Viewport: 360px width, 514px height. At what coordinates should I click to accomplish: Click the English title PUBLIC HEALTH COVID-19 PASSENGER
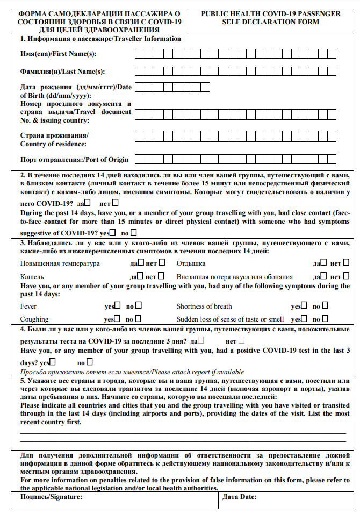(x=270, y=13)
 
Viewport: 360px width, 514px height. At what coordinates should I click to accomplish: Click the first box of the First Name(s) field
(x=139, y=53)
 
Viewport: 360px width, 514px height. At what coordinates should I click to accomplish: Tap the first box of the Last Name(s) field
(x=139, y=71)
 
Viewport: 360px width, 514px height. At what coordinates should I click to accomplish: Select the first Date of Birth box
(x=139, y=87)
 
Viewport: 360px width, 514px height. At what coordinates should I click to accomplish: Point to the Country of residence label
(x=54, y=144)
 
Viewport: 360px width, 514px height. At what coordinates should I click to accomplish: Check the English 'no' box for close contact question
(x=133, y=233)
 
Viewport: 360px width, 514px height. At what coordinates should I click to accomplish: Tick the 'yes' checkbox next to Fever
(x=117, y=306)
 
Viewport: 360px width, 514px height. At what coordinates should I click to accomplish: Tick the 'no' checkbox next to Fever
(x=137, y=306)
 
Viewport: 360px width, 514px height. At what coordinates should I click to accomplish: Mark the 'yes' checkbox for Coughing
(x=117, y=319)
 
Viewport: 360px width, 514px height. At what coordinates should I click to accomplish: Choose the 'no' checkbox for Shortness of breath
(x=325, y=306)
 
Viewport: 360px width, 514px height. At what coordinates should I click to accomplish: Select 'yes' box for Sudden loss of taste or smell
(x=304, y=319)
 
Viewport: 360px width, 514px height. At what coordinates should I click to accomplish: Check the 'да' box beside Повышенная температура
(x=141, y=263)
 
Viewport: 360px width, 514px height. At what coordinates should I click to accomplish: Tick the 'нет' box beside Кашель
(x=162, y=276)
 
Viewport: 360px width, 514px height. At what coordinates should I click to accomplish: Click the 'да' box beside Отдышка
(x=325, y=263)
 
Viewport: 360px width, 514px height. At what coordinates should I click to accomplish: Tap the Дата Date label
(x=239, y=497)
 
